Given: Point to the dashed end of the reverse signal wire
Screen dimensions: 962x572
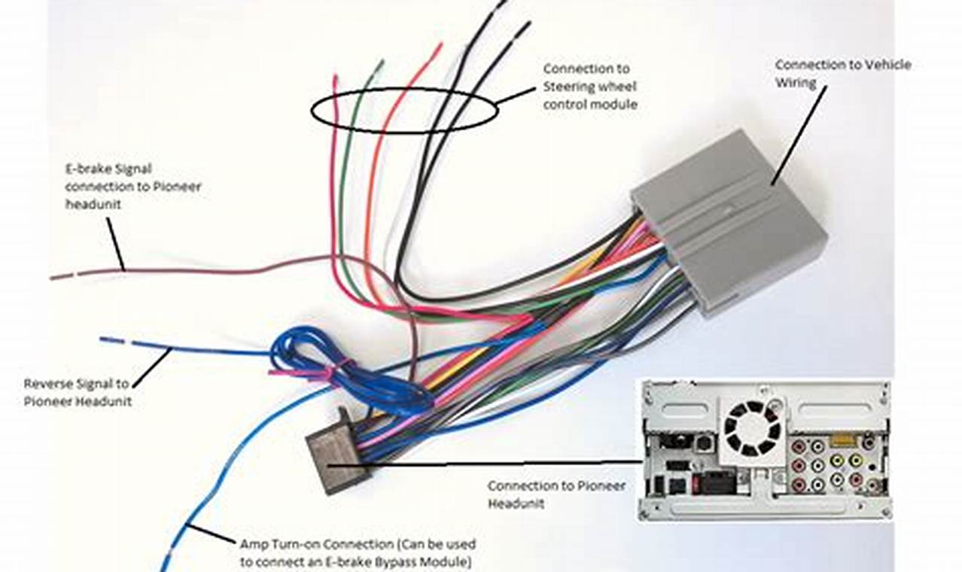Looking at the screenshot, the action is point(115,341).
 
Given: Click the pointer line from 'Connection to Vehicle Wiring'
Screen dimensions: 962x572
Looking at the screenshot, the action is point(799,135).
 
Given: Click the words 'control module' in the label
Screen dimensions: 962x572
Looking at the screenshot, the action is point(590,105).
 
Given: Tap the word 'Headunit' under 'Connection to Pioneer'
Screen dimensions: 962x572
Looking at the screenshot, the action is point(516,504).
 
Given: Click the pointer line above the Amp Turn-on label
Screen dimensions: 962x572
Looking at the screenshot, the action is point(212,534).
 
